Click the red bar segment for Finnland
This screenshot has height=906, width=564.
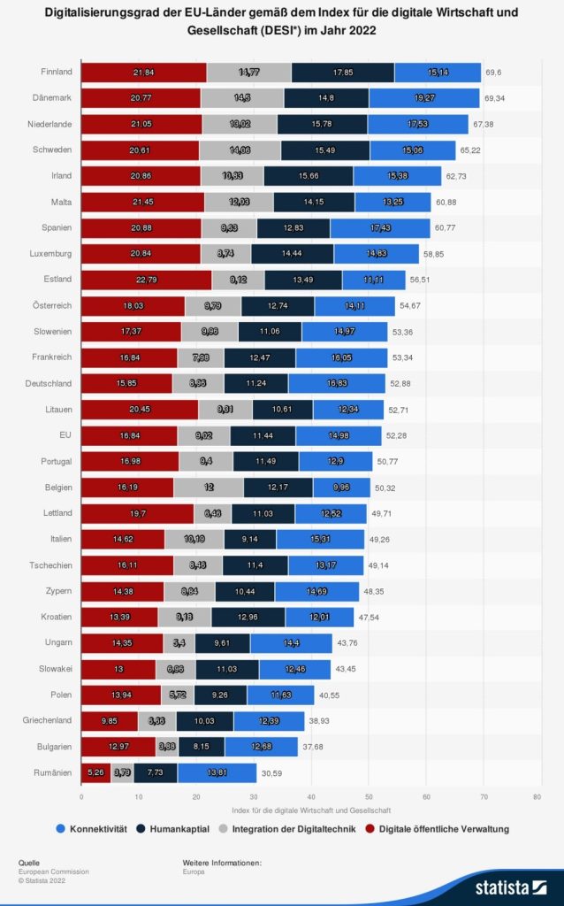coord(143,73)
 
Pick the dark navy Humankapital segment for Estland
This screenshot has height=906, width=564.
coord(303,280)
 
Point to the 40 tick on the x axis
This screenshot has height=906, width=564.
coord(310,795)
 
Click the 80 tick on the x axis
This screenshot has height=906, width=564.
coord(537,795)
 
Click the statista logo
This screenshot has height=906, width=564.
coord(510,886)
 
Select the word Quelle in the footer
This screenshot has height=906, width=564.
coord(29,862)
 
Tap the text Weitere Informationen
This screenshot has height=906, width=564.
coord(222,862)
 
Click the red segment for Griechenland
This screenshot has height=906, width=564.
coord(109,721)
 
